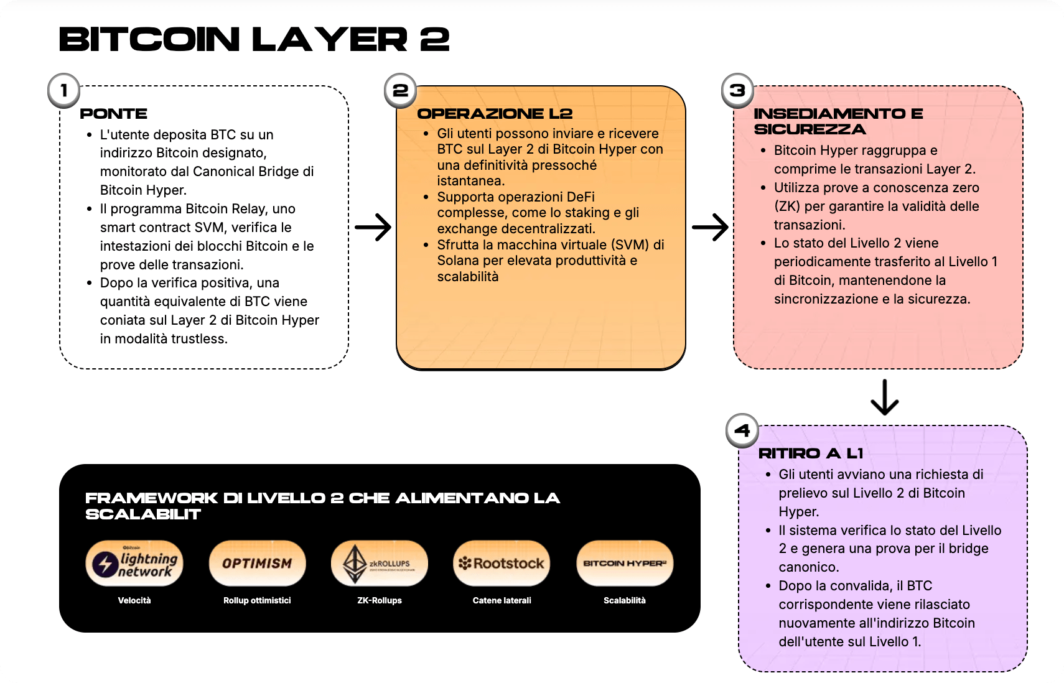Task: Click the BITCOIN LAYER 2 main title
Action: pos(254,40)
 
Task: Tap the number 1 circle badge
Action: pos(64,91)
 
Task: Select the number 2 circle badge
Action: pos(401,91)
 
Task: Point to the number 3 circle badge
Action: pos(737,91)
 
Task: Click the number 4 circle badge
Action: pos(742,430)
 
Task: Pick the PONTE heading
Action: pos(114,114)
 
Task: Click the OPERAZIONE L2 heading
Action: pos(495,114)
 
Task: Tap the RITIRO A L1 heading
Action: pos(810,453)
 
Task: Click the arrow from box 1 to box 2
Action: pos(373,227)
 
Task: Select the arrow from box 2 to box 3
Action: pos(710,227)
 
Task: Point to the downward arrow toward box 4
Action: pos(884,397)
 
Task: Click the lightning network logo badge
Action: pos(134,564)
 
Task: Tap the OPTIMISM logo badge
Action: pos(257,564)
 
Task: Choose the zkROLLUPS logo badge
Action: pos(380,564)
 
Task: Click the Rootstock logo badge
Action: pos(502,564)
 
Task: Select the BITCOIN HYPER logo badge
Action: pos(625,564)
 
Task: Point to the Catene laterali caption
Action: pos(502,600)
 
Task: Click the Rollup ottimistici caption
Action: pos(257,600)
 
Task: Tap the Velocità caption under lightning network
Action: pos(134,600)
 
